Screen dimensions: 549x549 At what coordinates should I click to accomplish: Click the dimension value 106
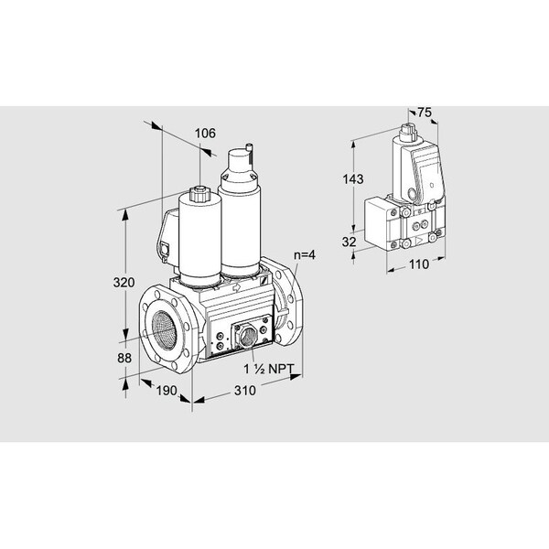pyautogui.click(x=205, y=134)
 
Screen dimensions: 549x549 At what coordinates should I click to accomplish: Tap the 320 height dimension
pyautogui.click(x=124, y=282)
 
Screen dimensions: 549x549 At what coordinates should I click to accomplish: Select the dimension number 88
pyautogui.click(x=124, y=358)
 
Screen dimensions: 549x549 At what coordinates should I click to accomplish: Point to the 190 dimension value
pyautogui.click(x=167, y=391)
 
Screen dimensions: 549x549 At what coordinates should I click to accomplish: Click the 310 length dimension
pyautogui.click(x=245, y=391)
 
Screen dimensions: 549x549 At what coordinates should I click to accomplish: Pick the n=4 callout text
pyautogui.click(x=305, y=255)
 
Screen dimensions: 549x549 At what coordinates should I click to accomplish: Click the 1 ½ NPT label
pyautogui.click(x=269, y=369)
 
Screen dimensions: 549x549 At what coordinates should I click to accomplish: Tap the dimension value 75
pyautogui.click(x=425, y=113)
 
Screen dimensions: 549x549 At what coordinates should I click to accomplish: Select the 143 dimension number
pyautogui.click(x=353, y=179)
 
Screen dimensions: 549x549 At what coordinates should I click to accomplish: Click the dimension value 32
pyautogui.click(x=350, y=242)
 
